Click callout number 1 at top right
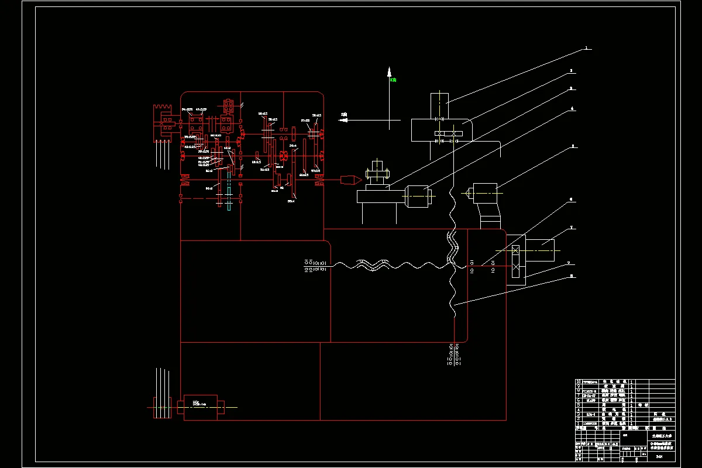tap(586, 49)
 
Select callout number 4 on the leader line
tap(572, 108)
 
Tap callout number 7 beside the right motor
tap(572, 227)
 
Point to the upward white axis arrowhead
tap(388, 72)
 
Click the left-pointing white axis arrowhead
tap(343, 121)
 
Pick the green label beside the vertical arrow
tap(394, 80)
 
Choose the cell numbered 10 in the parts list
tap(578, 382)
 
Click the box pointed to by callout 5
tap(485, 191)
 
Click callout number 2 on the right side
tap(572, 71)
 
